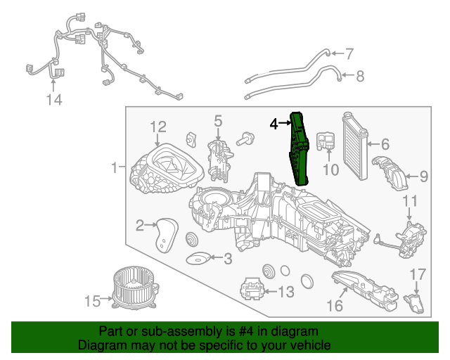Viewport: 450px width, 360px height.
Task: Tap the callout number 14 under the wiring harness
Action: pos(54,101)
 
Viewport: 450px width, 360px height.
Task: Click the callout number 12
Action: pos(157,127)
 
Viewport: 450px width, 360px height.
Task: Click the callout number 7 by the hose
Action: pos(349,53)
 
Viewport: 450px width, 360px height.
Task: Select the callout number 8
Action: pos(360,76)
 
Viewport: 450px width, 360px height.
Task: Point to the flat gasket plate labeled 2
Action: pos(166,234)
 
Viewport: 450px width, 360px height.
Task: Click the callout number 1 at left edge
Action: pos(113,168)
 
